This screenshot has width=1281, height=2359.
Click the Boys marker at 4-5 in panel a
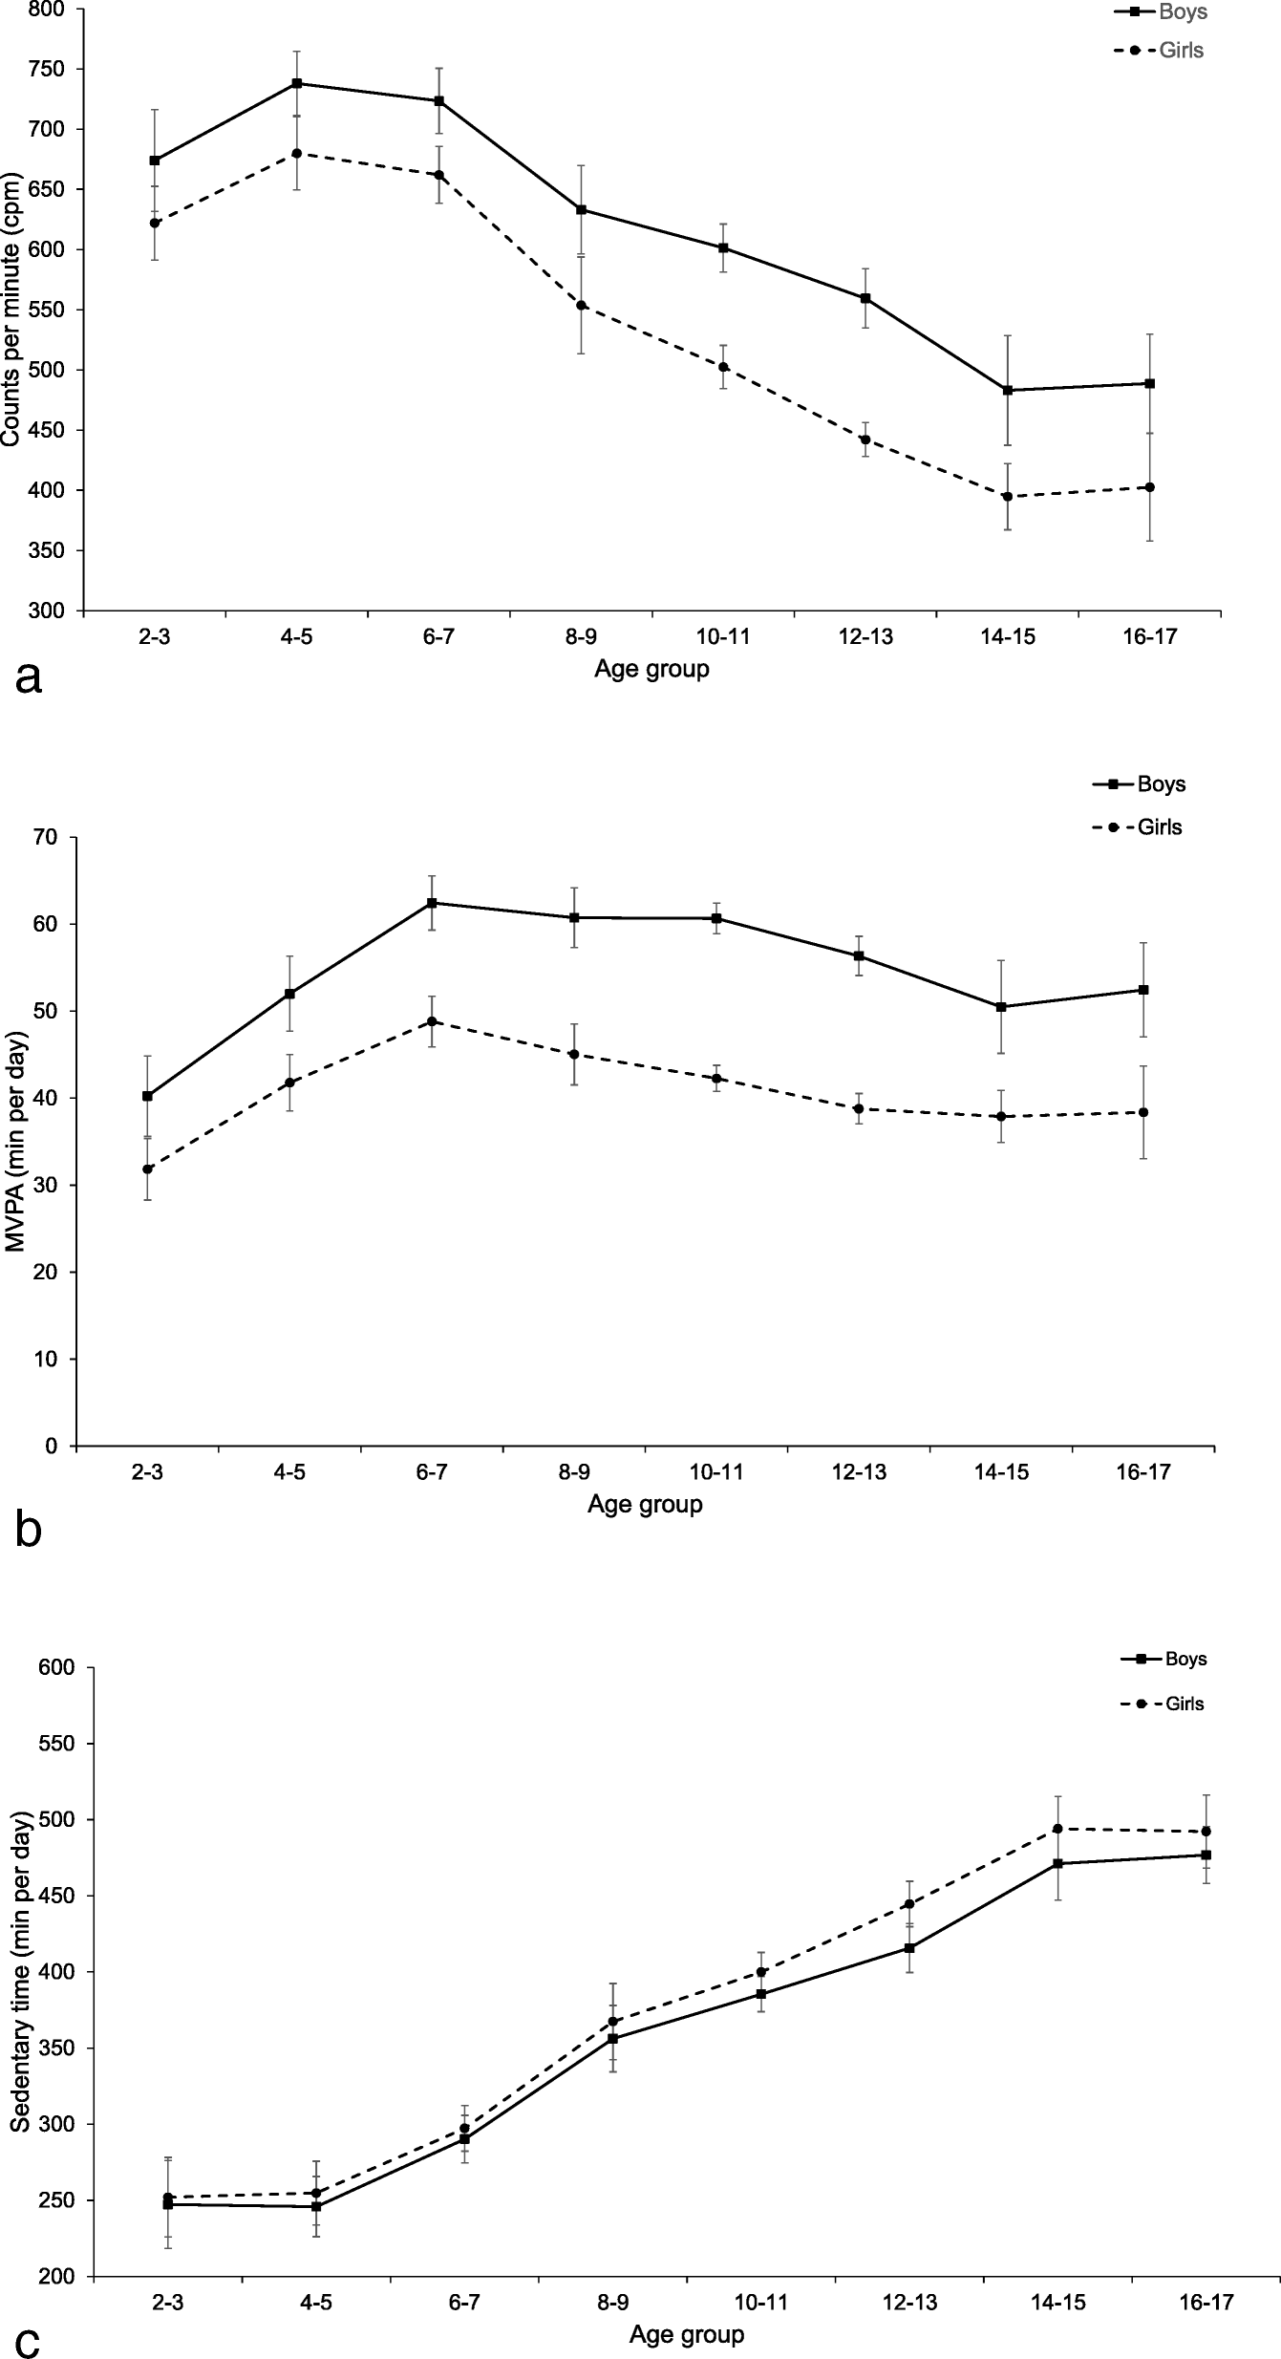pos(297,83)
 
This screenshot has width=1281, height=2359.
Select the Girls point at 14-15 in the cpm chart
pos(1008,497)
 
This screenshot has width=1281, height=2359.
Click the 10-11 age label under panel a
pos(722,638)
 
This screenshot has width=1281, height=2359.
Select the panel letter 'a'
pos(29,679)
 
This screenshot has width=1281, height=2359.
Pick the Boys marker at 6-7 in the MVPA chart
pos(432,903)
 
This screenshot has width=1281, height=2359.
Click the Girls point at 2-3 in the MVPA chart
pos(147,1169)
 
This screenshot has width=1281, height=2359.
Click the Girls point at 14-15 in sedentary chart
pos(1058,1829)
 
